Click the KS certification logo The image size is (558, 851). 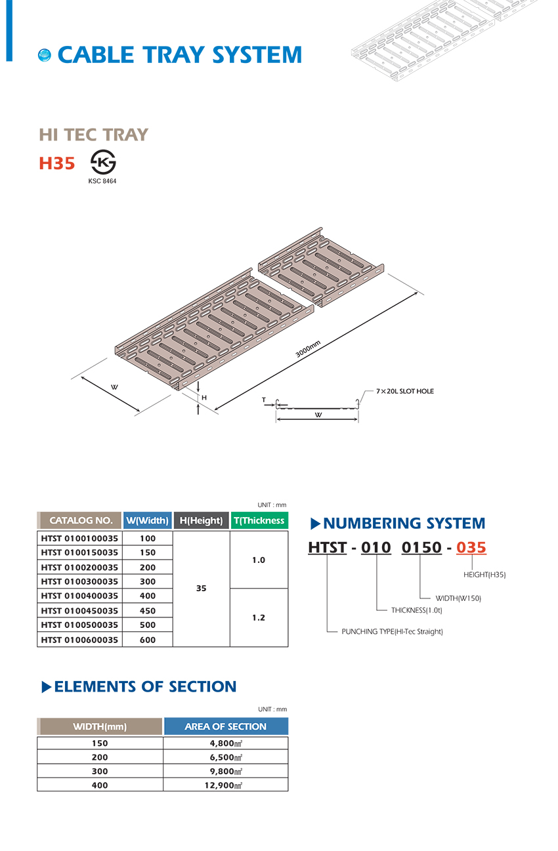tap(102, 162)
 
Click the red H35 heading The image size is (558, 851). tap(57, 163)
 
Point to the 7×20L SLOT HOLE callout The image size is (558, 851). tap(404, 391)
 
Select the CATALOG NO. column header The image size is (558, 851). tap(81, 520)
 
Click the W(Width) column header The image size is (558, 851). tap(147, 520)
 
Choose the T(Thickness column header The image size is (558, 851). tap(259, 520)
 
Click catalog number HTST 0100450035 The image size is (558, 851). tap(79, 611)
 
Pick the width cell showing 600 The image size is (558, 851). tap(148, 640)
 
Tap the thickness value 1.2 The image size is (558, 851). tap(259, 618)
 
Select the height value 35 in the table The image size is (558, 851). tap(202, 589)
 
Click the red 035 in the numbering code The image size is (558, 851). tap(471, 547)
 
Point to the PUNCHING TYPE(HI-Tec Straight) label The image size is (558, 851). tap(393, 632)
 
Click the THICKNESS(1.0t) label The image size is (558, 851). tap(416, 610)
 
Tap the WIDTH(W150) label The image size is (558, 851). tap(458, 598)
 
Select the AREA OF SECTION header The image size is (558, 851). tap(225, 726)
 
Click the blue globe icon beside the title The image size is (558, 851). tap(45, 55)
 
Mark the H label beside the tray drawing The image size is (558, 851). tap(204, 398)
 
